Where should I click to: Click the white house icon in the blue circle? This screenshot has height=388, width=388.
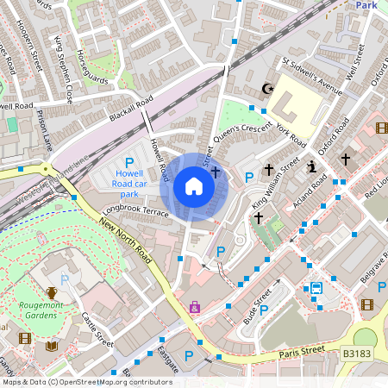194,186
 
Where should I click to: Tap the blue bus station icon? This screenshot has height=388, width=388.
316,289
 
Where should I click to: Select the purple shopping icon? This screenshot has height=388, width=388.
195,307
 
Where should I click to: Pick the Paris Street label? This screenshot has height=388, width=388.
301,352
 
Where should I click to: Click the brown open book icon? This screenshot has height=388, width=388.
51,346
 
